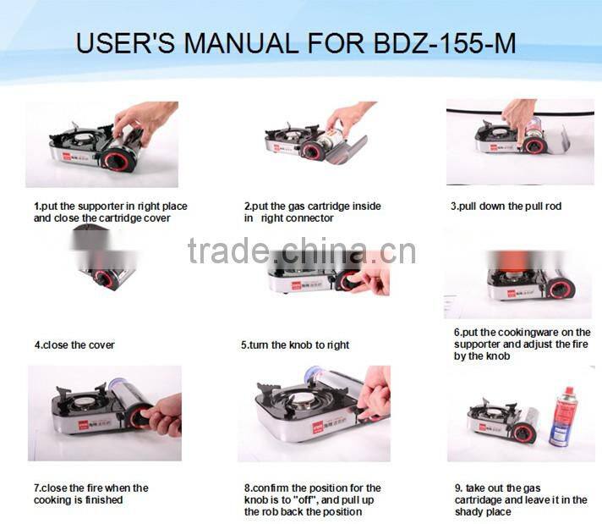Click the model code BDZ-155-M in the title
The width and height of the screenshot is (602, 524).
(445, 43)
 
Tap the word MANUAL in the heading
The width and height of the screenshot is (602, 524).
(240, 43)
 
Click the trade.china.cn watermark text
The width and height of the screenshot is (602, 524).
(302, 251)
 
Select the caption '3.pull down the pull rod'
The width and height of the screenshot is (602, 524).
(506, 207)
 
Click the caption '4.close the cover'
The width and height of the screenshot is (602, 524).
(74, 345)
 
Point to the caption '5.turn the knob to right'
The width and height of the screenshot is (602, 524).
(295, 345)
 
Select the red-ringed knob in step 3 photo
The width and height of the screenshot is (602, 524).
(534, 146)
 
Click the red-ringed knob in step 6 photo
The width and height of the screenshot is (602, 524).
(561, 289)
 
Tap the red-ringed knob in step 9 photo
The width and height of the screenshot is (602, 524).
(523, 433)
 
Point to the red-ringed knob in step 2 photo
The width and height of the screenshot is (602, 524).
(313, 151)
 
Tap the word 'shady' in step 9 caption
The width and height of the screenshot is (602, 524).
(468, 512)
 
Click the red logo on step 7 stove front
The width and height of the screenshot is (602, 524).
(84, 426)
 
